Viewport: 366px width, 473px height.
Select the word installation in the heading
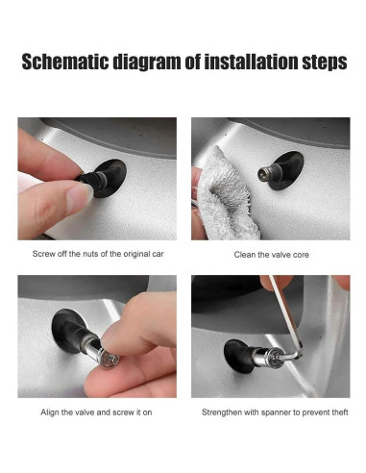251,62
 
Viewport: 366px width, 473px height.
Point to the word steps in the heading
325,62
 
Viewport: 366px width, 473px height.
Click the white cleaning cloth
224,195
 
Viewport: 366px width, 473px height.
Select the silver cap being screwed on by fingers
109,357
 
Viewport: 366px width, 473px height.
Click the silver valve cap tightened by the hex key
267,356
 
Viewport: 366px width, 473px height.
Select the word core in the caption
301,255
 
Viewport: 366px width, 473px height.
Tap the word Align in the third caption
50,412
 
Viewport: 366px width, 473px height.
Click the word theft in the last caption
339,412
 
